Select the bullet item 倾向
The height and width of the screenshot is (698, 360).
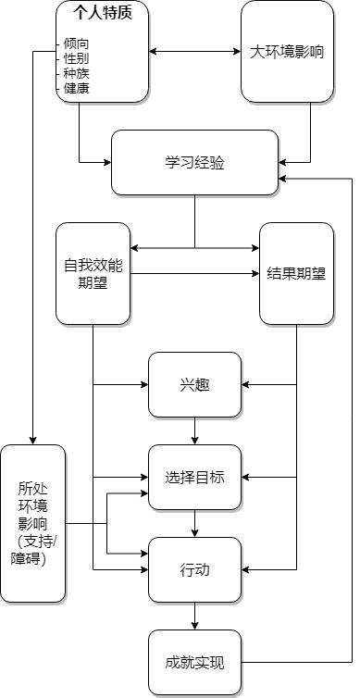click(76, 43)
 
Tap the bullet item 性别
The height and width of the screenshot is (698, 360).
click(76, 58)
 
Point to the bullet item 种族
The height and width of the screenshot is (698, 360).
click(76, 73)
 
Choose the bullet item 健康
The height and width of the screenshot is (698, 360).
click(76, 89)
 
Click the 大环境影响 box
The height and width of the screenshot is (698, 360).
click(287, 51)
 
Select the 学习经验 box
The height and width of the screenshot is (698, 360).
click(194, 162)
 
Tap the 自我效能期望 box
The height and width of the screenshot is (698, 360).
click(93, 273)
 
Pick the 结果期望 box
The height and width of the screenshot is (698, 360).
click(296, 273)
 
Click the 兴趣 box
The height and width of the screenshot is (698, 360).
click(194, 384)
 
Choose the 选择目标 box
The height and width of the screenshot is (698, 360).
click(194, 477)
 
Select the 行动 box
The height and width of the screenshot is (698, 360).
click(194, 569)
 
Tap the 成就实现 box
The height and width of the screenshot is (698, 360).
click(194, 662)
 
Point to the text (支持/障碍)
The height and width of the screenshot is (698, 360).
click(33, 550)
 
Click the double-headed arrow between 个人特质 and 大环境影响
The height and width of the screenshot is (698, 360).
click(194, 50)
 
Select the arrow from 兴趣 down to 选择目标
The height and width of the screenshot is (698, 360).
click(194, 430)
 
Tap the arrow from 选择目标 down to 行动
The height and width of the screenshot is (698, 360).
click(194, 523)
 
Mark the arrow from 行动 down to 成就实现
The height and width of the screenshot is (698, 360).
click(194, 616)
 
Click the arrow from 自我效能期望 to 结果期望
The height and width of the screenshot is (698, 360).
click(194, 273)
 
